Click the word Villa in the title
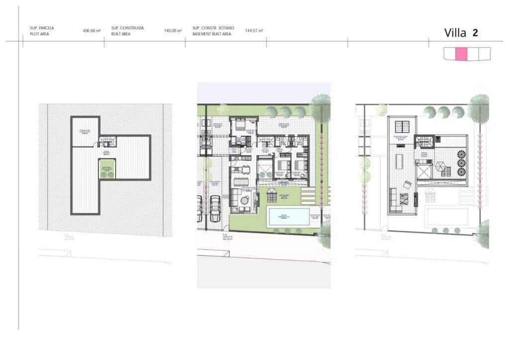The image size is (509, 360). coord(455,33)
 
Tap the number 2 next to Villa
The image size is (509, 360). coord(476,33)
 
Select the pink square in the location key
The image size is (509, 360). coord(461,54)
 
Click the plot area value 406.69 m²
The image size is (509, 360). coord(92,31)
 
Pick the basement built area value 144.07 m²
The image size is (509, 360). coord(254,31)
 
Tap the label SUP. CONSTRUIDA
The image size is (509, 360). coord(127,28)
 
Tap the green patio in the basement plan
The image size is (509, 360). coord(107,169)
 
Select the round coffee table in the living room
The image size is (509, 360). coord(246,200)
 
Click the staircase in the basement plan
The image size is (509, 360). coord(106,142)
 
